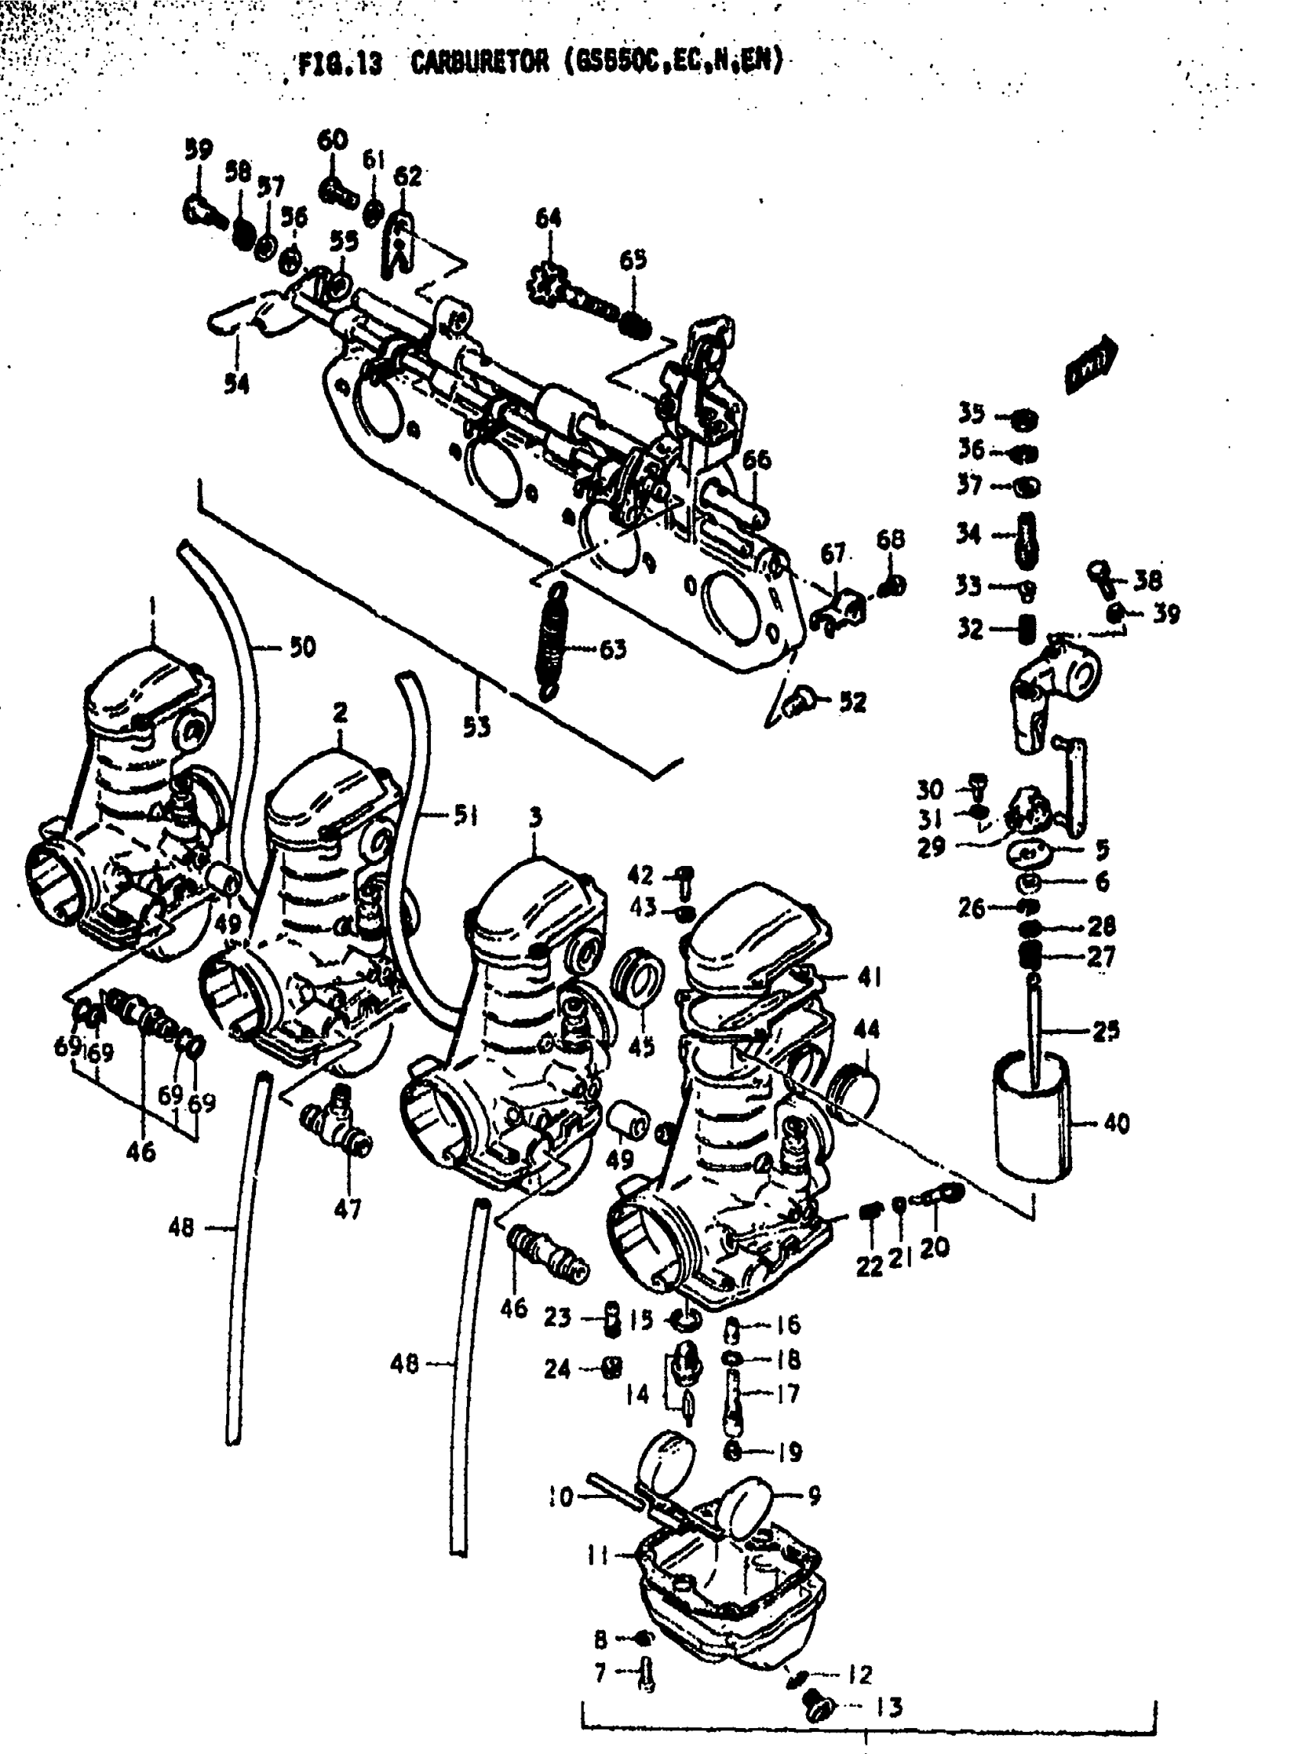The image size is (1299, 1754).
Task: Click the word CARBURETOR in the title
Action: pyautogui.click(x=480, y=62)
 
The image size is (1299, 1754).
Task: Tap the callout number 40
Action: pyautogui.click(x=1116, y=1123)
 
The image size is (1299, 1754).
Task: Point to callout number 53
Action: pyautogui.click(x=476, y=727)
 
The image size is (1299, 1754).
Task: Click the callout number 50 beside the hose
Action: pyautogui.click(x=302, y=647)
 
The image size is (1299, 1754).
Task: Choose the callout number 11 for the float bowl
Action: pyautogui.click(x=598, y=1555)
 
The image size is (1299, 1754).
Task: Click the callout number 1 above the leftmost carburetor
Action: pyautogui.click(x=152, y=605)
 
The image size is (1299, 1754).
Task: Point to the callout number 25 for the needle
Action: pyautogui.click(x=1106, y=1030)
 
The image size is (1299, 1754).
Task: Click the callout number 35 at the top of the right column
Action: pyautogui.click(x=971, y=413)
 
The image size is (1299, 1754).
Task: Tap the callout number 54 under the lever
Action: pyautogui.click(x=236, y=383)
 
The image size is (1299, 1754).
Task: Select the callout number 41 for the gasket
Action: pyautogui.click(x=868, y=977)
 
